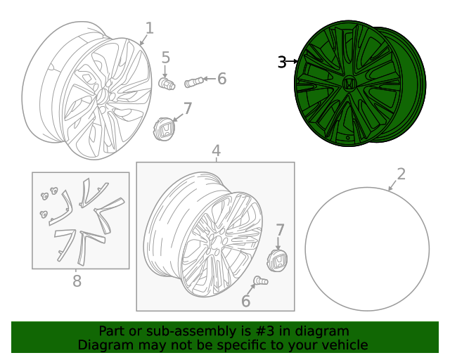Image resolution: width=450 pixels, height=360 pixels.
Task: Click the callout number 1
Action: pos(150,28)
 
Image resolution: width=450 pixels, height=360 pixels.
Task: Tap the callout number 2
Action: pos(401,174)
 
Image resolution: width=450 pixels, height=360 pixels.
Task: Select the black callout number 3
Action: pos(282,62)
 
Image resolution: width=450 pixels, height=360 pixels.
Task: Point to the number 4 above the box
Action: pos(216,151)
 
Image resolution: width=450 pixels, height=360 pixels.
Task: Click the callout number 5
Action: pos(166,58)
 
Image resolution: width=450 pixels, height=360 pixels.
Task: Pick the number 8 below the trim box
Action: pos(77,281)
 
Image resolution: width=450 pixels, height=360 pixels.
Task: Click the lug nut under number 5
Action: pos(167,84)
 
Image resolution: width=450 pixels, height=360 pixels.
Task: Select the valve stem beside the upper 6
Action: pos(194,82)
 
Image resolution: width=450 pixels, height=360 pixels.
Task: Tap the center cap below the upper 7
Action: pos(164,129)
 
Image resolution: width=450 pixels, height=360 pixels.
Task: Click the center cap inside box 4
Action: pos(277,261)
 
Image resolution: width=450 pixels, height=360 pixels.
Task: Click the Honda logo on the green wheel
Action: pos(349,84)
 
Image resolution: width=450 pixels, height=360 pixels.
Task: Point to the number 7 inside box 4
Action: pos(280,231)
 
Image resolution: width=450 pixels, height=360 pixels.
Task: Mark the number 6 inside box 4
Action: pos(245,301)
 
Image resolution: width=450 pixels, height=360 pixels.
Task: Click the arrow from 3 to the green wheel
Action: pos(292,61)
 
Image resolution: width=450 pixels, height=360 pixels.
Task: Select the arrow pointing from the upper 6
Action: pos(210,78)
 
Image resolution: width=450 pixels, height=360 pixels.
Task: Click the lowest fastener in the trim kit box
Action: pos(44,214)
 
